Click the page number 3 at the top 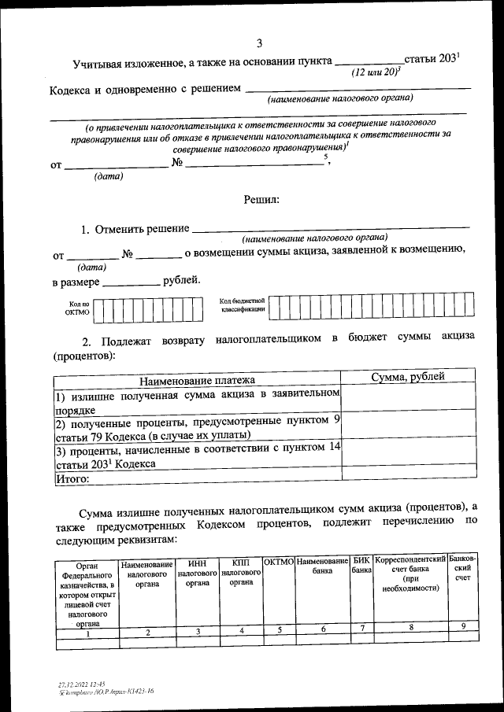click(x=259, y=42)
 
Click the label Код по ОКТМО click(x=77, y=308)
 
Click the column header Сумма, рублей click(x=408, y=377)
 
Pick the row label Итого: click(x=71, y=478)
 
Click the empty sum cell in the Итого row click(x=408, y=476)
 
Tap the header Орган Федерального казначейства click(x=87, y=594)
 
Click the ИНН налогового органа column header click(x=197, y=574)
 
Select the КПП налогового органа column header click(x=241, y=574)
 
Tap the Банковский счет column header click(x=462, y=570)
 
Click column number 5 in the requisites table click(x=279, y=629)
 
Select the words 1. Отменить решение click(x=135, y=229)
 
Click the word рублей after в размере click(x=180, y=281)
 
